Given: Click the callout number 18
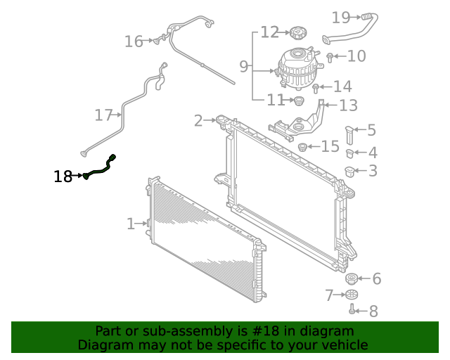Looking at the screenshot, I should (63, 176).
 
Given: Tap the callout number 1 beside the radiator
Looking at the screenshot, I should (131, 224).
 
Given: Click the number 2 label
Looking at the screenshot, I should (198, 120).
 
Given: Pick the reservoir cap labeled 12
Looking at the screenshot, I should (297, 32).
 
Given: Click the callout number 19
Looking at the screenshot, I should (341, 17).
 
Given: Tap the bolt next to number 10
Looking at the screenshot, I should (330, 56).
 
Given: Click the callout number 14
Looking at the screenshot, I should (342, 87).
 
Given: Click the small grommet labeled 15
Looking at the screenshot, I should (304, 147).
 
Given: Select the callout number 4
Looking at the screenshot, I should (372, 153).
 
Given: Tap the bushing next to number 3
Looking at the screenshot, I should (349, 170).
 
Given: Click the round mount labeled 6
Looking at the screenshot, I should (352, 279).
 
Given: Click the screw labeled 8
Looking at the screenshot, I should (352, 309).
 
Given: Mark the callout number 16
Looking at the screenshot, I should (134, 41).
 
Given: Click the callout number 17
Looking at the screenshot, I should (104, 115).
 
